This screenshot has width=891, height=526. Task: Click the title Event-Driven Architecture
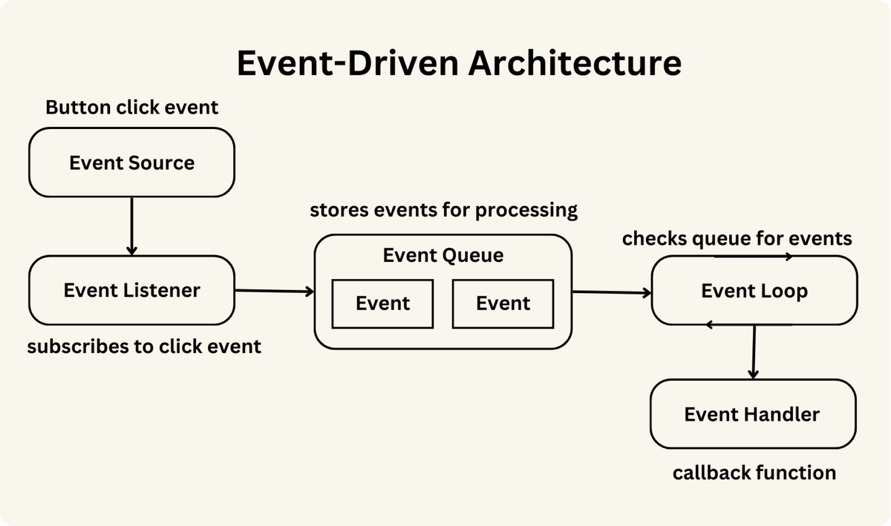[458, 63]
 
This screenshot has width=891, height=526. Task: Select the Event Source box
[131, 162]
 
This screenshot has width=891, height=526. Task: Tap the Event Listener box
[131, 290]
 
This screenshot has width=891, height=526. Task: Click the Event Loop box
[754, 291]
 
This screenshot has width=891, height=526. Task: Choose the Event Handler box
[752, 414]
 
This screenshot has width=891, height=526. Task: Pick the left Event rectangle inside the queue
[382, 303]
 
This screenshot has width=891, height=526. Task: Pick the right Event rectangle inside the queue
[503, 303]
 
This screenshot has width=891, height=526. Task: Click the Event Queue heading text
[443, 256]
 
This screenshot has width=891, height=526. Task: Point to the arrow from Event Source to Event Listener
[131, 226]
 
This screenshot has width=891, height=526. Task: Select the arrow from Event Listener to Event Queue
[274, 292]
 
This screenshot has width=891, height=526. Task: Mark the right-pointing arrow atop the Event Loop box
[753, 257]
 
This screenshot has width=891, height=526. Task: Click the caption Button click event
[132, 108]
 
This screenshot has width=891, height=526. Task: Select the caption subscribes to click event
[144, 346]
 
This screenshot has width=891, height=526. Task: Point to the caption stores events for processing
[443, 211]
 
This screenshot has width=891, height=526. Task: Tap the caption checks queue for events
[737, 239]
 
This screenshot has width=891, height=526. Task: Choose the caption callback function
[754, 473]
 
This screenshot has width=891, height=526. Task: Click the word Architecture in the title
[574, 63]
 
